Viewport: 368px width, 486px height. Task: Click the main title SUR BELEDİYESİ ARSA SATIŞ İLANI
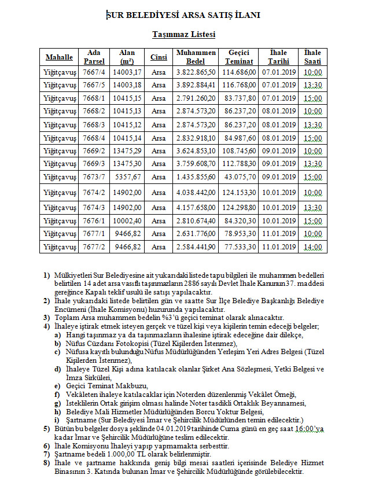point(183,16)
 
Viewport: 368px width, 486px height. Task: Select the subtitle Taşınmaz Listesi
point(183,35)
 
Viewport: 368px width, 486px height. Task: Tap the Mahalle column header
point(59,57)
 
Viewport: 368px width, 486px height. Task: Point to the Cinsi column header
point(158,57)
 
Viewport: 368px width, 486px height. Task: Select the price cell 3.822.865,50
point(196,72)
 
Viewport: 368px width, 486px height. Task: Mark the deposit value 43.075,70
point(238,176)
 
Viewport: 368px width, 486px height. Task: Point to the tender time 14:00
point(312,247)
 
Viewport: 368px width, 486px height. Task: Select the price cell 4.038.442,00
point(196,192)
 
